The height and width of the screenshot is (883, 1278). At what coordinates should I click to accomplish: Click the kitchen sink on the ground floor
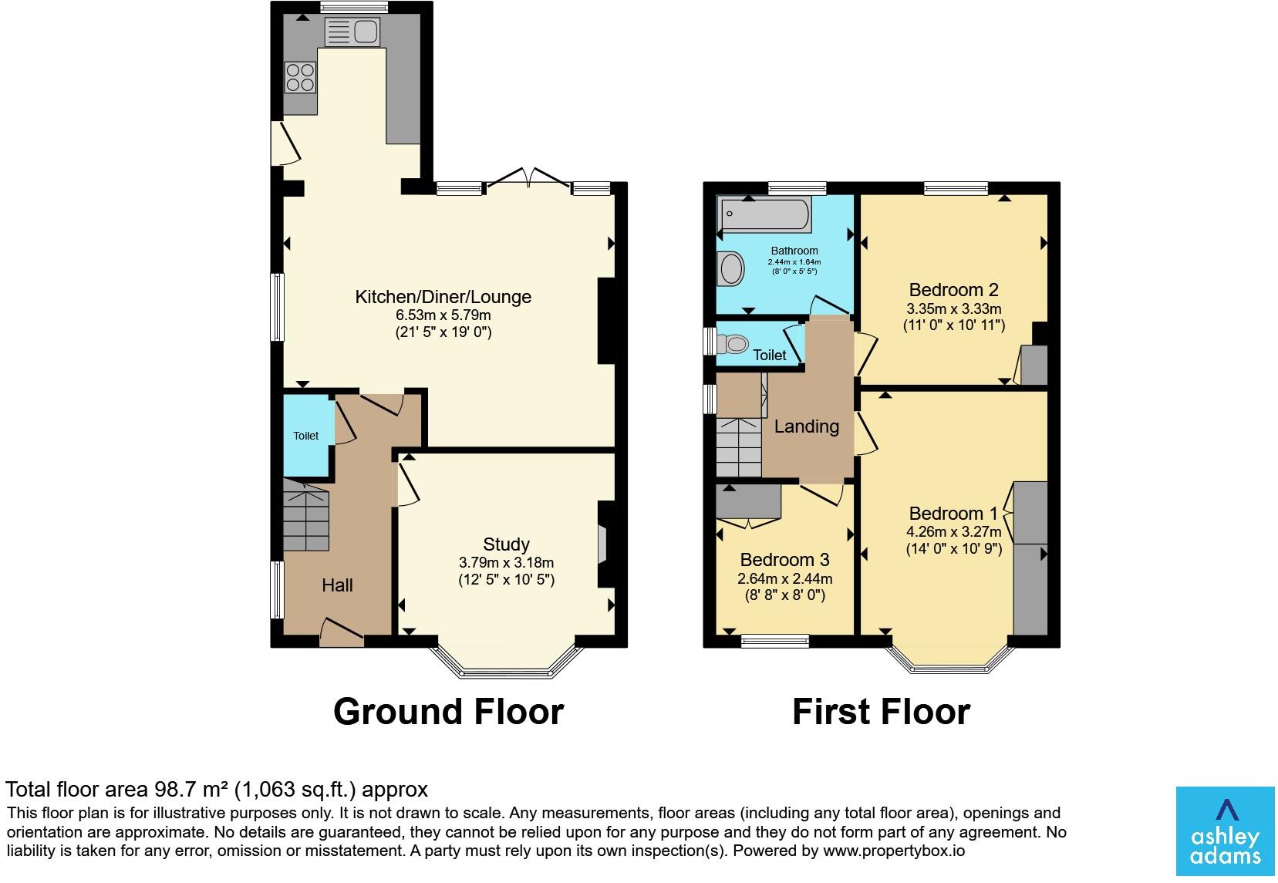[x=352, y=32]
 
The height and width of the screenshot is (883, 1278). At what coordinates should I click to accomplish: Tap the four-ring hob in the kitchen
[x=300, y=78]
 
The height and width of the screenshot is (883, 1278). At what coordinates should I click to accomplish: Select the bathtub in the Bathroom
[x=765, y=214]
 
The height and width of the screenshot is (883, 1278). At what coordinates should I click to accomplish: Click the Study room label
[x=506, y=544]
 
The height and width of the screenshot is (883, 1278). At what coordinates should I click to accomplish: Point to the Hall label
[x=337, y=585]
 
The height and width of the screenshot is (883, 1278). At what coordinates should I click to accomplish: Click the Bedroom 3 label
[x=784, y=560]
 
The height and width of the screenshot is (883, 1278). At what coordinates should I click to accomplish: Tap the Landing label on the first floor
[x=806, y=426]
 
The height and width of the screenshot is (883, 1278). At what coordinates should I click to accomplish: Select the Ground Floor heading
[x=448, y=712]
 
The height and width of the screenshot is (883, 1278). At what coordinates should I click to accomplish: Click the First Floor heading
[x=882, y=712]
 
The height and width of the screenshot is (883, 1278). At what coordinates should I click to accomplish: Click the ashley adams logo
[x=1225, y=831]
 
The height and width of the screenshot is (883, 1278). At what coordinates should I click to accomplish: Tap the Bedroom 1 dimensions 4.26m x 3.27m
[x=953, y=532]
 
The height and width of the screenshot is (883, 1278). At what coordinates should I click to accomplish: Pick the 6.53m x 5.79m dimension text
[x=443, y=315]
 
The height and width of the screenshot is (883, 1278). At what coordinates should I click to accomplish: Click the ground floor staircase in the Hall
[x=305, y=514]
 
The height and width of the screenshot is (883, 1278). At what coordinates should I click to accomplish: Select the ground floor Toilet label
[x=305, y=436]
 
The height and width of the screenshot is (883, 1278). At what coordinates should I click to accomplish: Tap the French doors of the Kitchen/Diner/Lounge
[x=528, y=177]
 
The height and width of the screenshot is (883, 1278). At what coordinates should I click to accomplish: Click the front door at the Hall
[x=342, y=632]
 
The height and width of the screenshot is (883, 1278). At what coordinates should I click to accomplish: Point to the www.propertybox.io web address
[x=894, y=851]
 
